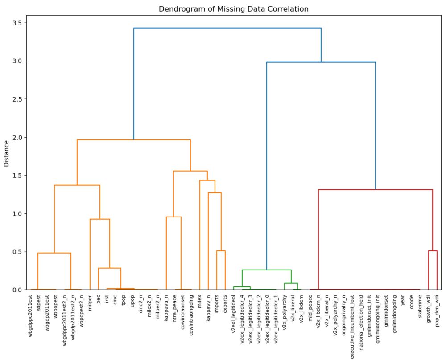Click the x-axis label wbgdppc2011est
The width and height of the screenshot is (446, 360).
click(30, 312)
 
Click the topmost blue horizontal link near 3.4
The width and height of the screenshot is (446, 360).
click(227, 28)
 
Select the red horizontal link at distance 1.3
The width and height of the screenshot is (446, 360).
click(375, 190)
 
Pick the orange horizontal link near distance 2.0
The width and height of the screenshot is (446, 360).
click(133, 140)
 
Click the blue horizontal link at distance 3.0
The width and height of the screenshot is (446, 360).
click(321, 62)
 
